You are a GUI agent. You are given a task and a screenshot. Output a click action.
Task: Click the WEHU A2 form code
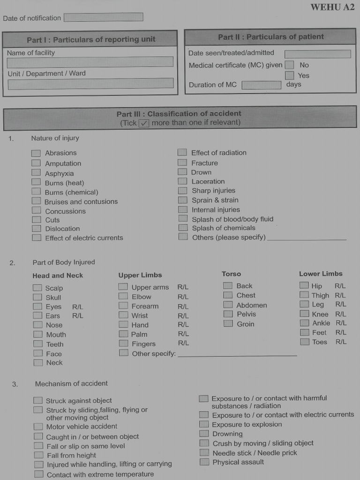(332, 7)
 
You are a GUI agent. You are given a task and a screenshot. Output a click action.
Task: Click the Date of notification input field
(103, 17)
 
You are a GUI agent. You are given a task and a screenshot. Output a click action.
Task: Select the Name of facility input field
(90, 62)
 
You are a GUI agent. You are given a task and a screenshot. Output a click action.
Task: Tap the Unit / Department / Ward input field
(90, 83)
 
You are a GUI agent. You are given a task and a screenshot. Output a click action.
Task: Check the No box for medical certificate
(290, 65)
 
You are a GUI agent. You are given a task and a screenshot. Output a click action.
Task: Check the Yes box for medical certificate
(290, 75)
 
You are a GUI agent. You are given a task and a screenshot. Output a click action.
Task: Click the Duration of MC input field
(261, 85)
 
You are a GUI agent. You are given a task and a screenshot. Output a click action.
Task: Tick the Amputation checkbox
(36, 163)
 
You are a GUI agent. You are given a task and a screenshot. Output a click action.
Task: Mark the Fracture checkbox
(182, 163)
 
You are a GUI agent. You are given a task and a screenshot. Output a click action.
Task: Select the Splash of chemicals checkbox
(183, 228)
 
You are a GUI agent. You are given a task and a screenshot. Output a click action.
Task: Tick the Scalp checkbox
(37, 288)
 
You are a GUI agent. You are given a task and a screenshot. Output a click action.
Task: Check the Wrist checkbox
(123, 315)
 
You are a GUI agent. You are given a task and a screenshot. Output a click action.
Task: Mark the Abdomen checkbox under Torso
(228, 305)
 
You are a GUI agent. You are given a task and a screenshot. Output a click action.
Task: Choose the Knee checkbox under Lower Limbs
(304, 314)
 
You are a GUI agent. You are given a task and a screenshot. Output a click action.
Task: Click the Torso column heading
(231, 274)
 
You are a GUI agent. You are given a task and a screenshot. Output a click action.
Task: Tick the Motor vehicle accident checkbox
(38, 427)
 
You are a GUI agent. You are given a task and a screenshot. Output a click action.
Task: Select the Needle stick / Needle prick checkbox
(204, 453)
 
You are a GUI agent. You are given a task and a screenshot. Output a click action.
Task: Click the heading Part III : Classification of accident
(179, 113)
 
